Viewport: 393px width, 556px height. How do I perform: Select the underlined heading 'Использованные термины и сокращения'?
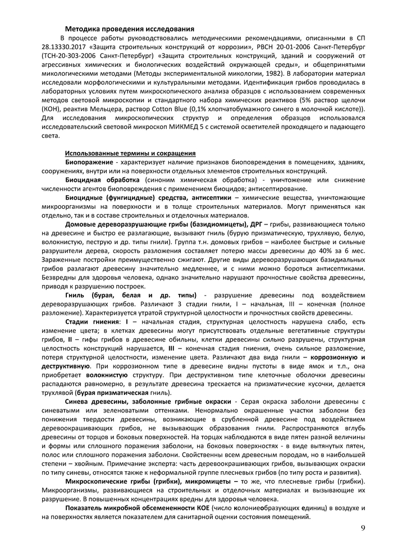point(130,153)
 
